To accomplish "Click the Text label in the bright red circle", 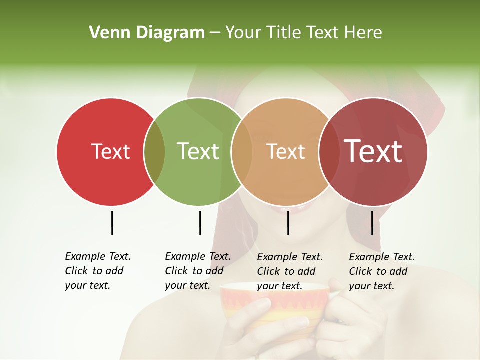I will tap(110, 151).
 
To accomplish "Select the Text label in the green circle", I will tap(198, 151).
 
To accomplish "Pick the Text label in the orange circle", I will tap(285, 151).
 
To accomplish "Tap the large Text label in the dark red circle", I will tap(373, 151).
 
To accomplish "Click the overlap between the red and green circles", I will tap(154, 151).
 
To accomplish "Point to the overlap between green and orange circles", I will tap(242, 151).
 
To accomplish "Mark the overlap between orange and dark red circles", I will tap(329, 151).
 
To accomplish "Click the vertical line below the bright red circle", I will tap(112, 223).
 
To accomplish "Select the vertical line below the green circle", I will tap(200, 223).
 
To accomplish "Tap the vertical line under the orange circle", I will tap(288, 223).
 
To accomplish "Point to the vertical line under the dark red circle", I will tap(372, 223).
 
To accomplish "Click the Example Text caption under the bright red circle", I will tap(98, 271).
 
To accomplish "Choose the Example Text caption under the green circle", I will tap(198, 271).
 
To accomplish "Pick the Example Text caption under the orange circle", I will tap(290, 271).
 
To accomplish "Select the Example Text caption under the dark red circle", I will tap(382, 271).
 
